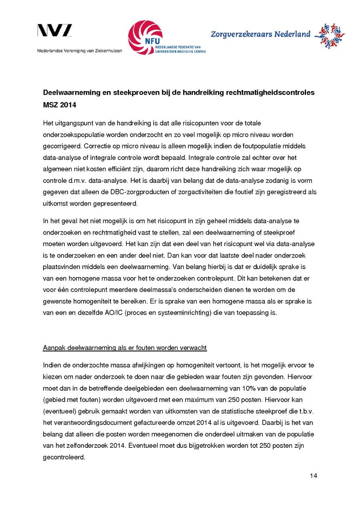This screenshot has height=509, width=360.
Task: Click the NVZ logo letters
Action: (55, 31)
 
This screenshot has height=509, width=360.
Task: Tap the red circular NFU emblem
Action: (145, 38)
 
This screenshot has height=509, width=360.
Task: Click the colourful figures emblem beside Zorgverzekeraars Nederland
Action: (329, 36)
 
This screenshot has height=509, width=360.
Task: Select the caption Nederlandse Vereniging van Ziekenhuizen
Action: (80, 51)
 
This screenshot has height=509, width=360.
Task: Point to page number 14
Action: (313, 475)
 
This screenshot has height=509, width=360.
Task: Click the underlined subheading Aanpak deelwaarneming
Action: (125, 347)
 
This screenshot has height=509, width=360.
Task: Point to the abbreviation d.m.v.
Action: (79, 180)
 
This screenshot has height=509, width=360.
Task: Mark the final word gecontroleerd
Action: (64, 457)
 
